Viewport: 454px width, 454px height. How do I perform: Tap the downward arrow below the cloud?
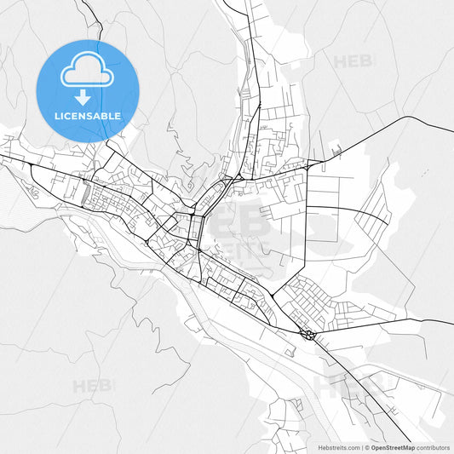(x=87, y=97)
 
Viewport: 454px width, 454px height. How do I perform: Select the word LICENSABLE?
(x=88, y=116)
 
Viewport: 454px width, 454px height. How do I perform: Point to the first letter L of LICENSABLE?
(x=55, y=116)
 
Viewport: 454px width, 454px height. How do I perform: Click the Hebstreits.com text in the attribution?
(x=339, y=446)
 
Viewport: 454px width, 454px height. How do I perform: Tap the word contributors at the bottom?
(x=432, y=446)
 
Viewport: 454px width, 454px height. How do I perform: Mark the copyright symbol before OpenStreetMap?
(x=366, y=446)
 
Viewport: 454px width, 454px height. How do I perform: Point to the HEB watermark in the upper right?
(x=352, y=61)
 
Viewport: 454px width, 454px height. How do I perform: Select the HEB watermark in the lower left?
(x=92, y=385)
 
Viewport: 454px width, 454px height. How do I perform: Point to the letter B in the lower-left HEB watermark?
(x=106, y=385)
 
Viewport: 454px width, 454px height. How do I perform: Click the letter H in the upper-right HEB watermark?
(x=339, y=61)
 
